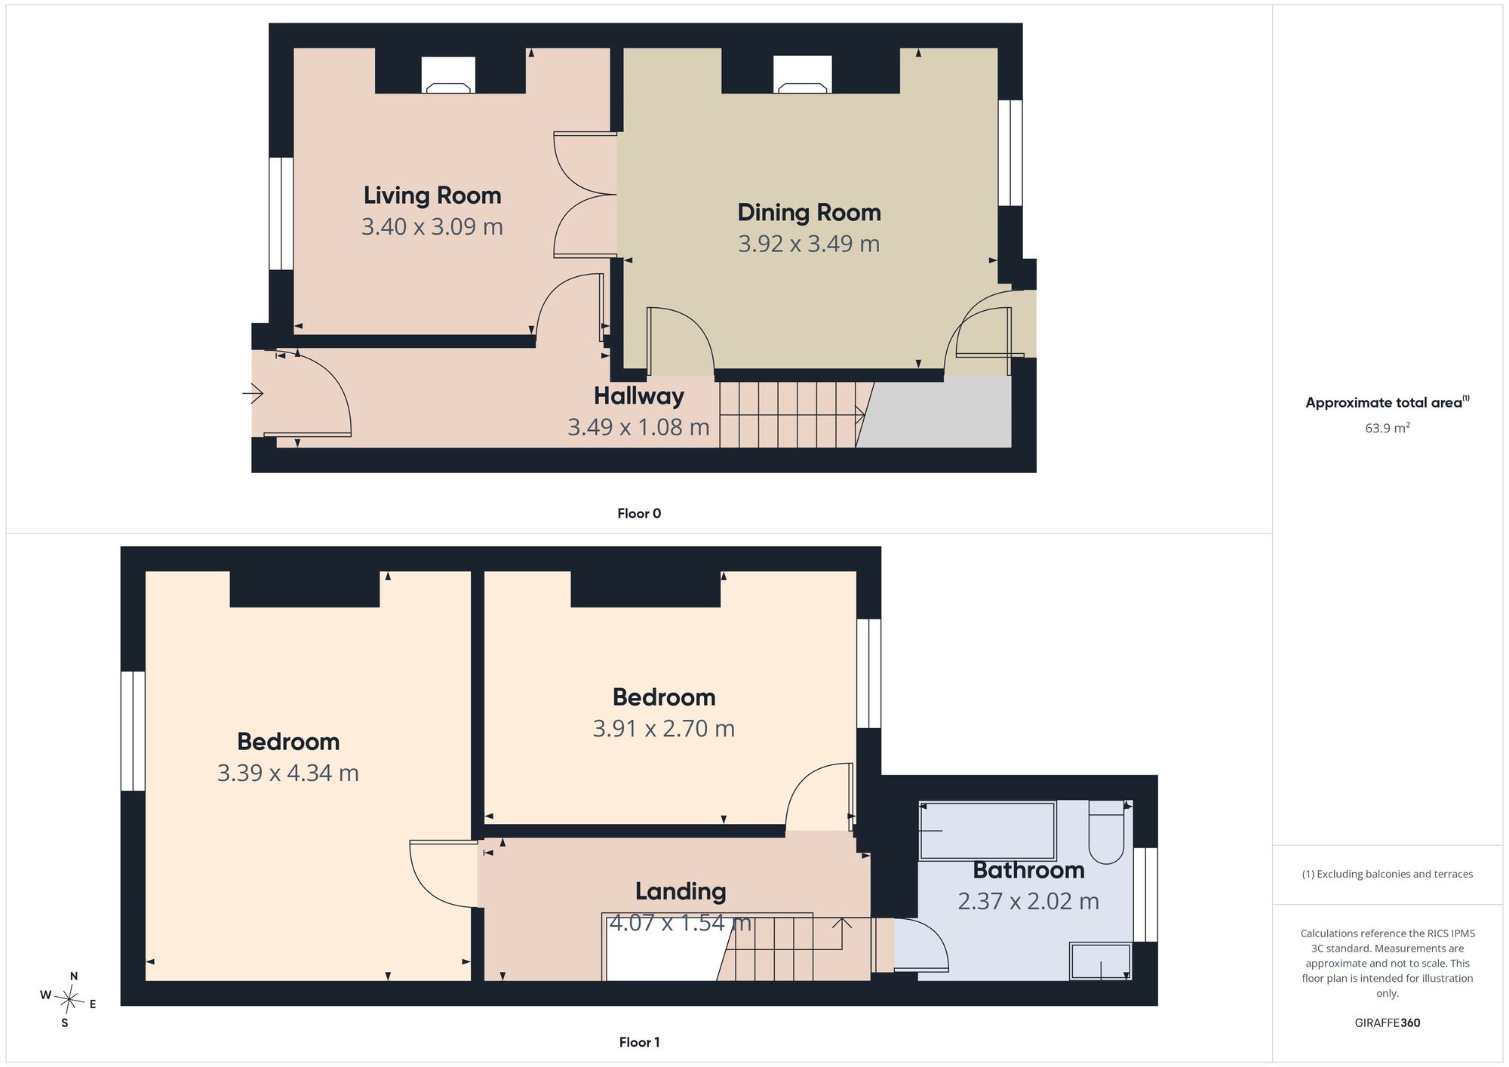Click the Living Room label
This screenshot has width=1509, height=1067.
point(432,195)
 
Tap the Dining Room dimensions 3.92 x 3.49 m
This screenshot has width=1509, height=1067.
point(809,244)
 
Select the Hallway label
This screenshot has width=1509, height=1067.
point(639,396)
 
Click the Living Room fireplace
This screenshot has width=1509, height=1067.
point(448,75)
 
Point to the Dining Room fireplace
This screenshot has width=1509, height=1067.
point(803,75)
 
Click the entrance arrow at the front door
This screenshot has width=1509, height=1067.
point(253,393)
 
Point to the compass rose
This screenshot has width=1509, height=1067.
point(69,1001)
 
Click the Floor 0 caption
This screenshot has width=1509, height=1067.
point(639,514)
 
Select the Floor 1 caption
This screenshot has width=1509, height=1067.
point(639,1043)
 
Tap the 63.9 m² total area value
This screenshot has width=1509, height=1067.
point(1388,428)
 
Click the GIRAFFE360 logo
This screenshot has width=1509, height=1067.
point(1388,1023)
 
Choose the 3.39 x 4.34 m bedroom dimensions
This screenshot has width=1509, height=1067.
point(288,773)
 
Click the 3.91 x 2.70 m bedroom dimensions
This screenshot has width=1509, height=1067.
point(664,729)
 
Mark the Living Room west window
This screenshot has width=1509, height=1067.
point(281,214)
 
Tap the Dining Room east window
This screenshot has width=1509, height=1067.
point(1010,153)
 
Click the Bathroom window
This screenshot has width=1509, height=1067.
point(1145,895)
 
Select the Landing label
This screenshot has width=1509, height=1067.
point(681,892)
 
